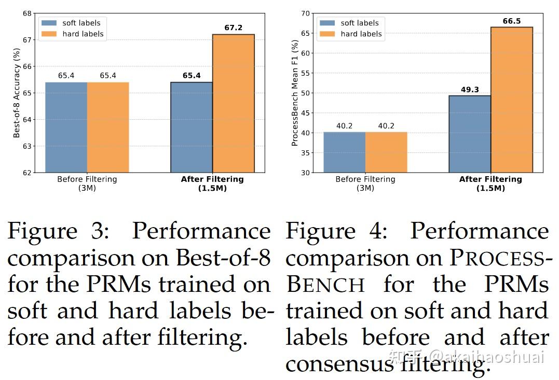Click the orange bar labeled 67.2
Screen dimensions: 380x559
234,103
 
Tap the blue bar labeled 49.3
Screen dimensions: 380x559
470,134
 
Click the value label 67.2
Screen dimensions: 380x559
234,28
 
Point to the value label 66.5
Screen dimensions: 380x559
512,21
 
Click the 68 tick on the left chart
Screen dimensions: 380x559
26,13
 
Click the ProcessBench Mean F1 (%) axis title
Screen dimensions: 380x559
295,93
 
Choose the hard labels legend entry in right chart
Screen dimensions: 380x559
361,34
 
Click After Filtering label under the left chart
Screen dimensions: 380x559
212,179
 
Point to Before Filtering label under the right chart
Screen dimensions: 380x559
365,179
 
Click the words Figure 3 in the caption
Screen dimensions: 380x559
58,232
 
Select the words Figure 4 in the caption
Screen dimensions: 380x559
336,232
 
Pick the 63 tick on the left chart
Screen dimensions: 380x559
26,146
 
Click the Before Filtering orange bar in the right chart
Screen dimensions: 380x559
386,152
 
